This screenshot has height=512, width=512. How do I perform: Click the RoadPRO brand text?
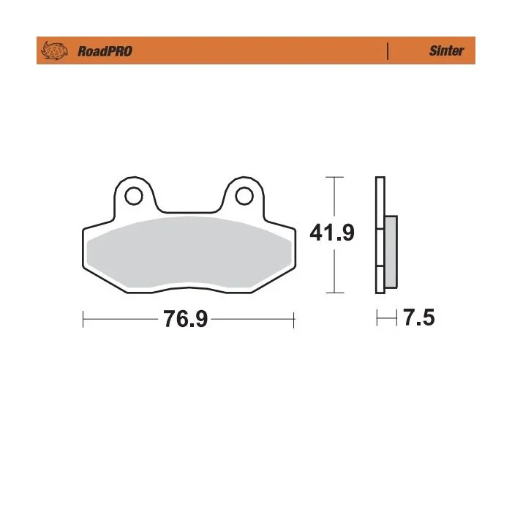coord(105,51)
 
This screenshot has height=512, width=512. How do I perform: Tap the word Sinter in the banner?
coord(446,50)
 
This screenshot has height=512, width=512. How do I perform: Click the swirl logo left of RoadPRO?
coord(54,51)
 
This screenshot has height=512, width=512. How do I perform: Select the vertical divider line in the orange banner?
coord(388,51)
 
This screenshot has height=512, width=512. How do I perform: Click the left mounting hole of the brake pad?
coord(134,196)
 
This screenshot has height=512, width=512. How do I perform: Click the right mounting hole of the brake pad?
coord(244,196)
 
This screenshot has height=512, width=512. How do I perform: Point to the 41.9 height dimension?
coord(332,233)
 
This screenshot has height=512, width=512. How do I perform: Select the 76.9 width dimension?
coord(185,319)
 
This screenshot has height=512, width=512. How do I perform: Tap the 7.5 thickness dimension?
coord(419,317)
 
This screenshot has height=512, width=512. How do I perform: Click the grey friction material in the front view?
coord(189,252)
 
